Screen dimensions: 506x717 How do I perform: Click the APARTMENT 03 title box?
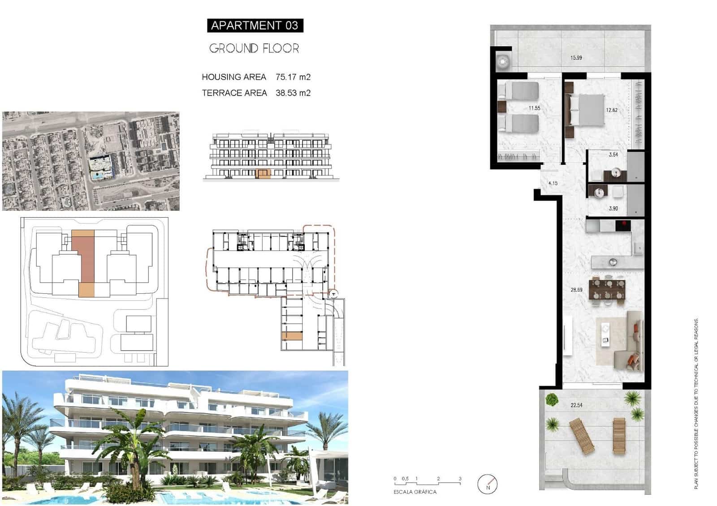click(x=255, y=26)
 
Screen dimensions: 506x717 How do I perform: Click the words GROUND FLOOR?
click(x=254, y=48)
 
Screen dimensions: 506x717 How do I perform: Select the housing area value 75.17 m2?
click(x=293, y=77)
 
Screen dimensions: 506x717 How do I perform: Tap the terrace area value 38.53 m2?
click(x=293, y=93)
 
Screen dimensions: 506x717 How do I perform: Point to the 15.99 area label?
click(x=576, y=58)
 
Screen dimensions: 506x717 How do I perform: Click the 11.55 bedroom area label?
click(x=534, y=108)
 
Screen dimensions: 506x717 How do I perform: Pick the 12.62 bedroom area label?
click(x=612, y=110)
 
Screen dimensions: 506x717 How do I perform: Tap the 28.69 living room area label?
click(x=576, y=290)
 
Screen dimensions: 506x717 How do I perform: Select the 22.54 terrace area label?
click(x=576, y=405)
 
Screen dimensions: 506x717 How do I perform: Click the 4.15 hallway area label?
click(x=553, y=184)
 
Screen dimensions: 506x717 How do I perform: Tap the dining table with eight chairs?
click(x=608, y=290)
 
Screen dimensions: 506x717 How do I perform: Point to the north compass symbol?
click(x=488, y=484)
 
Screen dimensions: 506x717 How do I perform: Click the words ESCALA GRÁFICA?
click(x=415, y=492)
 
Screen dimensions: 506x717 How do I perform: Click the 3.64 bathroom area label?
click(x=613, y=155)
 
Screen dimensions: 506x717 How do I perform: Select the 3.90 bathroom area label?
click(x=613, y=209)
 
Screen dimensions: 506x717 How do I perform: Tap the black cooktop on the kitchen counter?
click(x=622, y=225)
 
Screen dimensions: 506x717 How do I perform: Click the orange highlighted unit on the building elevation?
click(x=263, y=174)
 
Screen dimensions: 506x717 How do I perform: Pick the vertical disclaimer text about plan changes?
click(x=696, y=403)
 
